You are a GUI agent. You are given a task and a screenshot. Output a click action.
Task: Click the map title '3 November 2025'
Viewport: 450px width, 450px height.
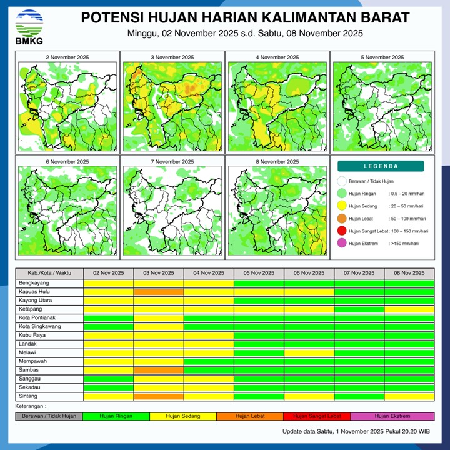pos(172,57)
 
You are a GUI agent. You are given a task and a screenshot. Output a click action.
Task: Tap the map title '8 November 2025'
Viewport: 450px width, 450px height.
pos(276,161)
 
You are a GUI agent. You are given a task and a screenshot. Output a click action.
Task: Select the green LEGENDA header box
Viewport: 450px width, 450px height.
pos(381,166)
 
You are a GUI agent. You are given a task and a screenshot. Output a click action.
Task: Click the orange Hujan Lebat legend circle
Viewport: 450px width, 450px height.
pos(342,219)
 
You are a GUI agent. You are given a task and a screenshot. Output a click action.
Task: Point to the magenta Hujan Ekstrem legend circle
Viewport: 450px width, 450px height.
pos(342,243)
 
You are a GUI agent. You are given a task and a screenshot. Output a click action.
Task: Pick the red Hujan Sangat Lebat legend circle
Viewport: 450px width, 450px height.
pos(342,231)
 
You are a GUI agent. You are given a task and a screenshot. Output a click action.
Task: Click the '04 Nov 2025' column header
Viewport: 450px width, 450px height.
pos(209,273)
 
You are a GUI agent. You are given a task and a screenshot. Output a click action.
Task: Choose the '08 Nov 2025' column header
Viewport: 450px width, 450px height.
pos(409,273)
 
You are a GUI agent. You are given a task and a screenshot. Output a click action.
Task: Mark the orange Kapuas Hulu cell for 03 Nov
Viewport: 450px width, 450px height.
pos(159,292)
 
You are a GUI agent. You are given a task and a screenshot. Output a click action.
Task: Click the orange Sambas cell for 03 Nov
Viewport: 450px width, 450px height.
pos(159,370)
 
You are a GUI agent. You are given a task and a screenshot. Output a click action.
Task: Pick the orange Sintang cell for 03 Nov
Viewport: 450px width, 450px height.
pos(159,396)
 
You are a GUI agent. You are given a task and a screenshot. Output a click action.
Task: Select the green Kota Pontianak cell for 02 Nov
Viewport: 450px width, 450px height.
pos(109,318)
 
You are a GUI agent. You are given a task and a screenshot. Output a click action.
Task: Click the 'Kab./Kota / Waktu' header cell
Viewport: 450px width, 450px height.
pos(49,273)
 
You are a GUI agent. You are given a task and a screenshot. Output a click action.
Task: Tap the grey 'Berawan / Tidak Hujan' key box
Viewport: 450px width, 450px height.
pos(49,416)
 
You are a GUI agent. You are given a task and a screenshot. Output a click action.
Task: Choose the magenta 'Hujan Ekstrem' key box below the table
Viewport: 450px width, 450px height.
pos(392,416)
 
